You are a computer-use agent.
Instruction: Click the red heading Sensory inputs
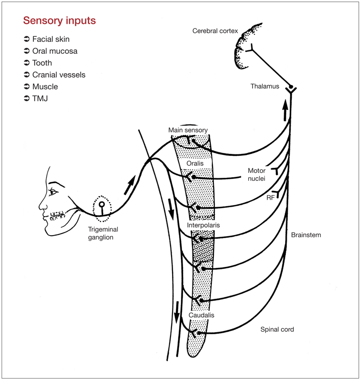tap(59, 21)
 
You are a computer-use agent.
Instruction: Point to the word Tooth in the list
tap(42, 63)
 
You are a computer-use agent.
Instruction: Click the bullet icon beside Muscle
tap(27, 87)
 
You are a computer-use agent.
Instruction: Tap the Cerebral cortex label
tap(215, 31)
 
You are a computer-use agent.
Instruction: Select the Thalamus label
tap(265, 86)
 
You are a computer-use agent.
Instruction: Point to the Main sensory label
tap(188, 130)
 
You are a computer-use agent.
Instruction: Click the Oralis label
tap(195, 163)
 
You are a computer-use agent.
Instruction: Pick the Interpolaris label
tap(203, 225)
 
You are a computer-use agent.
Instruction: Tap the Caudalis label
tap(201, 315)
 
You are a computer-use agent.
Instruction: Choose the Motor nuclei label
tap(257, 174)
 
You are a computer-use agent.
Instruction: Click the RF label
tap(270, 198)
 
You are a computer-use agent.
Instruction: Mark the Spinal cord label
tap(277, 330)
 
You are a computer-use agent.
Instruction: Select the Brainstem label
tap(306, 235)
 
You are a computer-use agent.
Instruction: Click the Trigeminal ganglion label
tap(103, 233)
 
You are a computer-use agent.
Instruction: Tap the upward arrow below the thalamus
tap(285, 111)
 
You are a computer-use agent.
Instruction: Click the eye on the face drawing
tap(53, 192)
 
